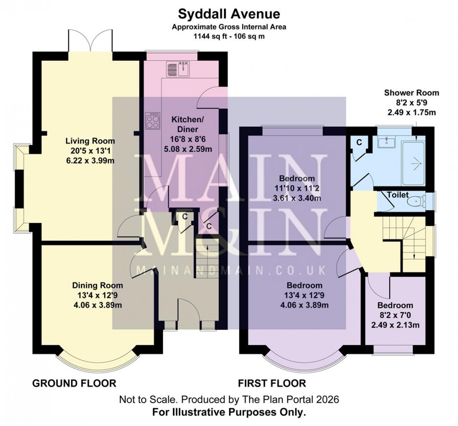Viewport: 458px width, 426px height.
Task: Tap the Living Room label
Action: [90, 141]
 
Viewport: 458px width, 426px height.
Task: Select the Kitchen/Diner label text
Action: [187, 124]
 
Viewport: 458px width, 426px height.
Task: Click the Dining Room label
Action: [97, 285]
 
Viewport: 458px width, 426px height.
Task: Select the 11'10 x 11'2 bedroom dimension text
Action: [297, 187]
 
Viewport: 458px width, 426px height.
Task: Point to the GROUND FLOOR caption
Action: [74, 383]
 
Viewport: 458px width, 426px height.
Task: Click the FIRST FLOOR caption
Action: [272, 383]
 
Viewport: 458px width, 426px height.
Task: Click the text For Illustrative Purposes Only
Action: [229, 412]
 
